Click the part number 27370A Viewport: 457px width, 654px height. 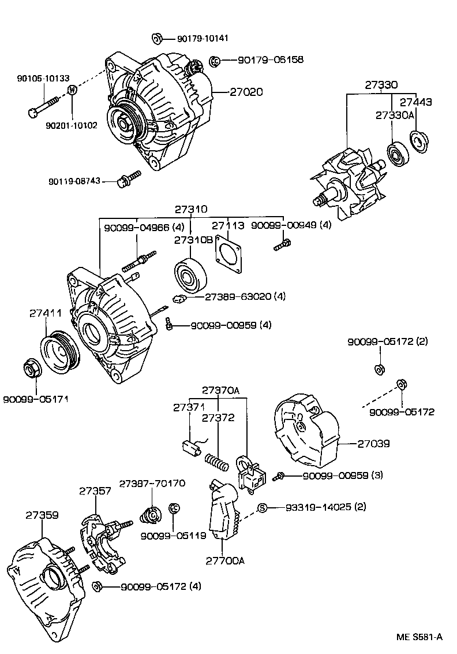click(x=220, y=391)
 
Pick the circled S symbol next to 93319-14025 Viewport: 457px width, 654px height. click(x=262, y=508)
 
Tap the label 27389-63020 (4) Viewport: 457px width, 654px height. click(x=245, y=297)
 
